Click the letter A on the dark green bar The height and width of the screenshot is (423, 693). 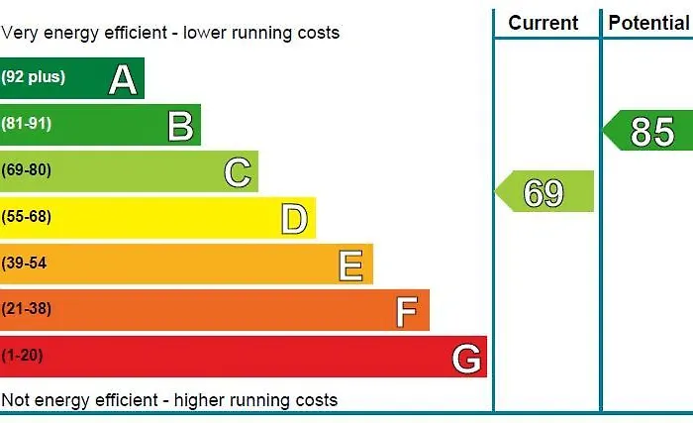point(123,78)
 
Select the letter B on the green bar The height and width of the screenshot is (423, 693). point(180,125)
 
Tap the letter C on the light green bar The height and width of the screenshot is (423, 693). point(238,171)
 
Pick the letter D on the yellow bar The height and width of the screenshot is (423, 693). point(294,218)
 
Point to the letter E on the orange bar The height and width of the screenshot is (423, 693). point(350,264)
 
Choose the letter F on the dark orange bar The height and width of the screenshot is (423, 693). point(407,311)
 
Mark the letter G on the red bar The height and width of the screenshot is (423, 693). point(466,357)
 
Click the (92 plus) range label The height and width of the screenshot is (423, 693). point(34,77)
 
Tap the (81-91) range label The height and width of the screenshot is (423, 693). point(27,124)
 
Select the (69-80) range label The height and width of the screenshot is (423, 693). point(27,170)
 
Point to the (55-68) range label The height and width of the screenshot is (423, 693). point(27,216)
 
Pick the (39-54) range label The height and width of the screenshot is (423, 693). point(25,263)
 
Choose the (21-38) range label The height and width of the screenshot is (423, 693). point(27,309)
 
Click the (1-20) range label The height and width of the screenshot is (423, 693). point(22,355)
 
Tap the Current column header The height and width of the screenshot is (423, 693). point(543,23)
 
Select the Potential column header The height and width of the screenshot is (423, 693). point(648,23)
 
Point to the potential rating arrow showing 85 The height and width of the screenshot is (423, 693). point(649,131)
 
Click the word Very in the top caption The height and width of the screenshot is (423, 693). point(19,33)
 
